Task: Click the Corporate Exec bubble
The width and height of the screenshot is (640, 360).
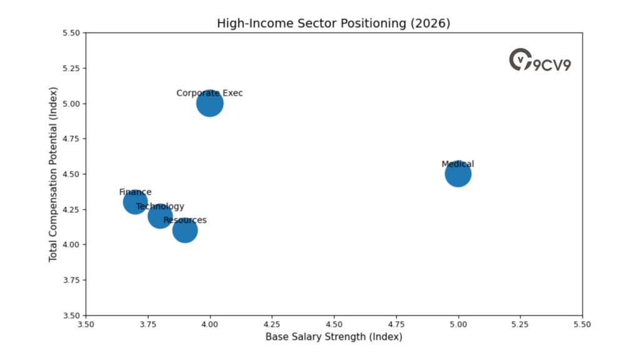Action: [x=210, y=104]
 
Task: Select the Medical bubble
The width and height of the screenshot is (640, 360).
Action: [x=458, y=174]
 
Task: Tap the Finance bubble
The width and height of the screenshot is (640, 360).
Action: [x=135, y=202]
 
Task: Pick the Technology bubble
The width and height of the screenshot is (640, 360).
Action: [x=160, y=217]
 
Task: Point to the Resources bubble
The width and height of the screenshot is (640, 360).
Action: [x=185, y=231]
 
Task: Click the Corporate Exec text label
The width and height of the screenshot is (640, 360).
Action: [x=209, y=93]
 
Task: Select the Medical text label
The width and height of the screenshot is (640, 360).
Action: [x=458, y=164]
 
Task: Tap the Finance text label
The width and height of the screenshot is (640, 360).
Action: [x=135, y=192]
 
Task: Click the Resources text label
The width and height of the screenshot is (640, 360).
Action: [x=185, y=220]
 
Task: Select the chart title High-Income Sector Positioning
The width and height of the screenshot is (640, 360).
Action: [x=334, y=23]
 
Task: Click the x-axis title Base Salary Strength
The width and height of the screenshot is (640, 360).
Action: [x=334, y=337]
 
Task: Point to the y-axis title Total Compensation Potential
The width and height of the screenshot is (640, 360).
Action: [x=53, y=174]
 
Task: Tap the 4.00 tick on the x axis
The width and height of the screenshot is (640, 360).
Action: [x=210, y=324]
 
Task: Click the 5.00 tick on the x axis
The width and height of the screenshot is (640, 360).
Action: [x=458, y=324]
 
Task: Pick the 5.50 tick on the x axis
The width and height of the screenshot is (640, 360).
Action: [x=582, y=324]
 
